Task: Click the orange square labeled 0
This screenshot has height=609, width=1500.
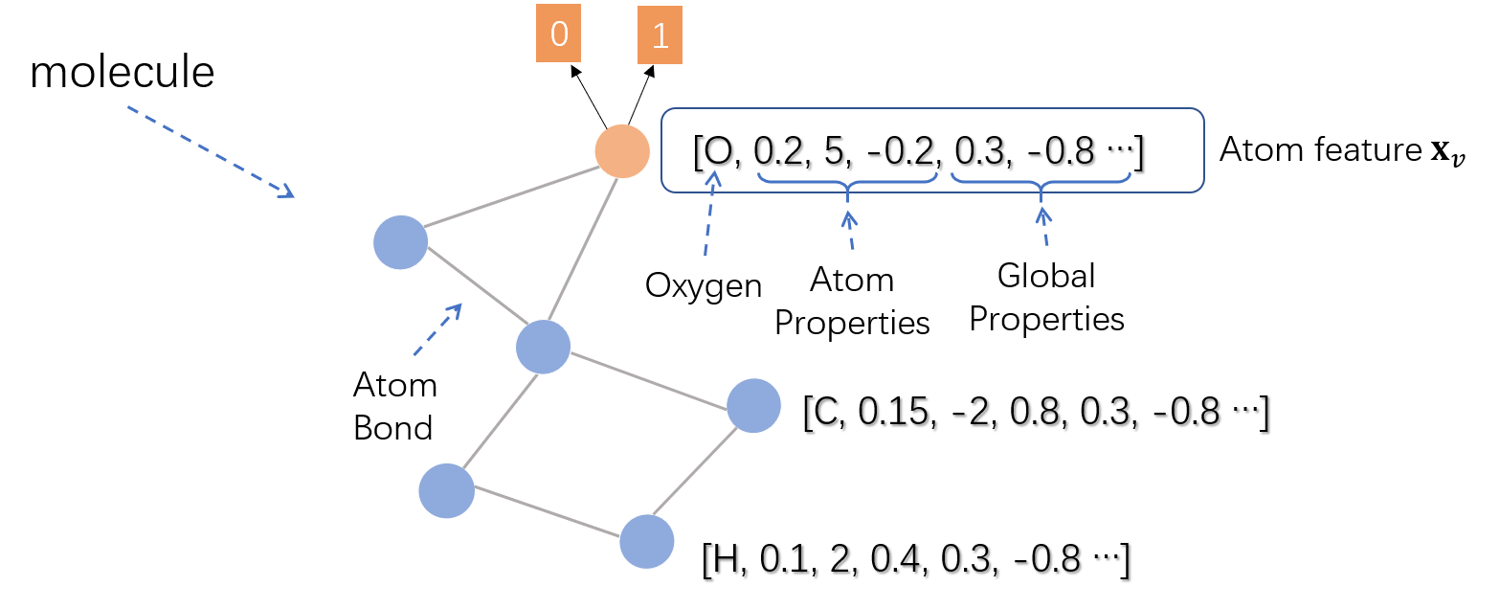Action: tap(558, 35)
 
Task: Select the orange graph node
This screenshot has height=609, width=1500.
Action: tap(622, 150)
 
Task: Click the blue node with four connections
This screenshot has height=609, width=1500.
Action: tap(543, 347)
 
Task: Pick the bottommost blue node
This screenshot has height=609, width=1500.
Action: tap(646, 541)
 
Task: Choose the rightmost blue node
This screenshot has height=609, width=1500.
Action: tap(753, 405)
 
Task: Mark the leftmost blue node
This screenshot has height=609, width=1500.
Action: tap(400, 242)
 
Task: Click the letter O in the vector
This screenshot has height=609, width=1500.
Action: tap(718, 152)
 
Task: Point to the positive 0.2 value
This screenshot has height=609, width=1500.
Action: tap(778, 151)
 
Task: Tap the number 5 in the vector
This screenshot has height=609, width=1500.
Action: tap(831, 151)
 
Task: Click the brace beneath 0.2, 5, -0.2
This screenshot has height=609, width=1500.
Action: tap(847, 181)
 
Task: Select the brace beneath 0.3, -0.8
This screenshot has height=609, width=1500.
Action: tap(1041, 181)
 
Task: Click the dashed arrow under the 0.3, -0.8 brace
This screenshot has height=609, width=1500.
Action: tap(1043, 226)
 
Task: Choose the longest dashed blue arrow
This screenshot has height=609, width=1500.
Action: tap(211, 152)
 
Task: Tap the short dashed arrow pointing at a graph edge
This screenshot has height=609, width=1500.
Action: tap(437, 330)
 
